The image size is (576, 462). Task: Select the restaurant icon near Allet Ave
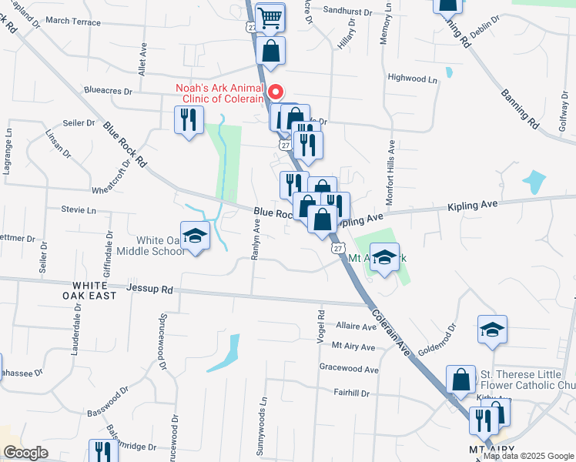[189, 120]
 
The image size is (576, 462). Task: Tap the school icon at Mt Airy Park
[384, 258]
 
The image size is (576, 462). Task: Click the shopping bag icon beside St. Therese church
[461, 380]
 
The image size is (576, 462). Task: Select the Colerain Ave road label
[389, 330]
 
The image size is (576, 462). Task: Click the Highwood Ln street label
[412, 78]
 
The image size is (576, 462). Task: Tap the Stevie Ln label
[79, 209]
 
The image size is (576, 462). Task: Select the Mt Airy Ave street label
[353, 347]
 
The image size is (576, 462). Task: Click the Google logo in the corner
[25, 453]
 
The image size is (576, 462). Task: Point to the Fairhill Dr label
[351, 393]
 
